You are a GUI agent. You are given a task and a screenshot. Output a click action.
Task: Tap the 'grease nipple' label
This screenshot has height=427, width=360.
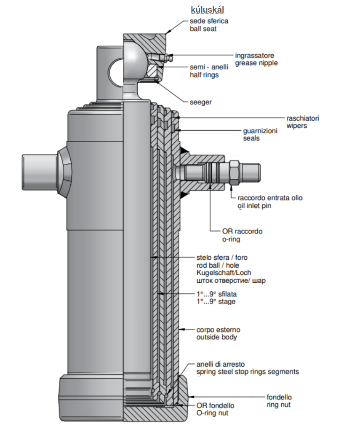(256, 63)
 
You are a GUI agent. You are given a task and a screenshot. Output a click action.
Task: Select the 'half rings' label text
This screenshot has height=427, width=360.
(204, 75)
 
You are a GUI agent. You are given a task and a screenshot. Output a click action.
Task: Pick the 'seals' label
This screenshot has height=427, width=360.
(251, 138)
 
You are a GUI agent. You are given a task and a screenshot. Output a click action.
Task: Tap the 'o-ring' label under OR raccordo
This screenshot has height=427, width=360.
(231, 239)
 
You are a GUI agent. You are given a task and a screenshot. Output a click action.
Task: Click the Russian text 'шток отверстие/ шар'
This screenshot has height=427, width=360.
(231, 280)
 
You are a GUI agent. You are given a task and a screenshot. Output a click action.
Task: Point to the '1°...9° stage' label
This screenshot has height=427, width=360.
(216, 301)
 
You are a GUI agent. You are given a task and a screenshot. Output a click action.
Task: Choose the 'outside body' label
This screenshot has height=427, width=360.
(216, 338)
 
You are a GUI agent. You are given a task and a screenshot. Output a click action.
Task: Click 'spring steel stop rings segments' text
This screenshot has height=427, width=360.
(248, 372)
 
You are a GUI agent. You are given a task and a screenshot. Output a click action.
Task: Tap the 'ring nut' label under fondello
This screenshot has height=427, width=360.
(279, 405)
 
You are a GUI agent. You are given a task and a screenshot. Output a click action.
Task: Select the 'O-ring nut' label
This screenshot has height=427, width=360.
(213, 413)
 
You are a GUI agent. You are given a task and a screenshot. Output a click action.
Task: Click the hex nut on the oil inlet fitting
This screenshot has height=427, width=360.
(234, 172)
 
